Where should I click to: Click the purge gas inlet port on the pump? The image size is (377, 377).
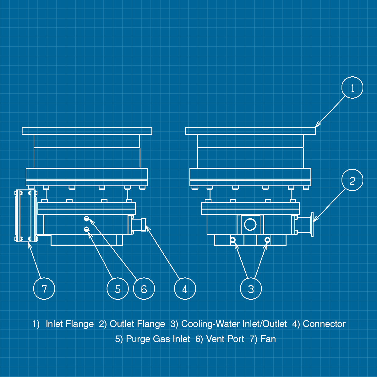86,229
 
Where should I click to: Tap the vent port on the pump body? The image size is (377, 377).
86,219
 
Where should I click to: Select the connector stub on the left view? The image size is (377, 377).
139,225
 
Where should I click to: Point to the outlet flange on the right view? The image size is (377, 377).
312,225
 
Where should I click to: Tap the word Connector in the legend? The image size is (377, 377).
324,324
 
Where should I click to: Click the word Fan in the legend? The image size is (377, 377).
268,339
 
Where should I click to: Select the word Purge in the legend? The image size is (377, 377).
138,339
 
